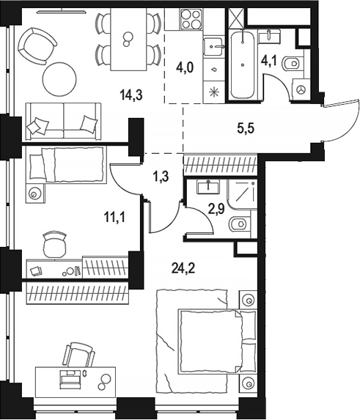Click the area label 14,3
click(131, 95)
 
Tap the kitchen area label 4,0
click(185, 67)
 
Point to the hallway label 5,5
click(246, 128)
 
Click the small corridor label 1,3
click(161, 177)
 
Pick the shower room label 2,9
click(216, 209)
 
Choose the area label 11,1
click(114, 217)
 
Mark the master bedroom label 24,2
click(183, 268)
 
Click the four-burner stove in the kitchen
click(191, 19)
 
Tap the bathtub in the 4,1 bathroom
click(243, 65)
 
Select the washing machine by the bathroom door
click(301, 89)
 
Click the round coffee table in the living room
click(59, 78)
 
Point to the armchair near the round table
click(37, 45)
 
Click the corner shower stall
click(242, 195)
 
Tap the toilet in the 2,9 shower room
click(240, 224)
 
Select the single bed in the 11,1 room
click(67, 165)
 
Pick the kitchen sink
click(213, 47)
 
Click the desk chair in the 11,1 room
click(54, 244)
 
